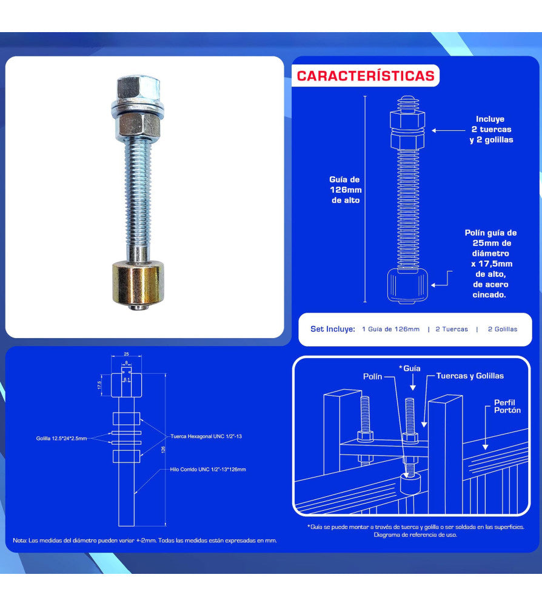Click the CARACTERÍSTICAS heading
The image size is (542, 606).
click(366, 76)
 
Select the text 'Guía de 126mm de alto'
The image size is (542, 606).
click(344, 190)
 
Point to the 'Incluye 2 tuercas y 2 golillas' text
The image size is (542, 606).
click(490, 130)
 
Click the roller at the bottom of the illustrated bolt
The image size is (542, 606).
click(409, 285)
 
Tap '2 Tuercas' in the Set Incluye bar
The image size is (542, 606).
click(452, 329)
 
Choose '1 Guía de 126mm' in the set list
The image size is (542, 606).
click(390, 329)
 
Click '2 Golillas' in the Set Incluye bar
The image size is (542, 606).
click(503, 329)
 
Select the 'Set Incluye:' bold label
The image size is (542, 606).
click(332, 329)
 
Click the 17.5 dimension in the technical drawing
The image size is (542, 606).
click(100, 385)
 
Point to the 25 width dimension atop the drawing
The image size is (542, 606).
click(126, 353)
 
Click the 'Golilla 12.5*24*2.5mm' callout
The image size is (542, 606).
click(61, 438)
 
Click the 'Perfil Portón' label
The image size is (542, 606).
click(507, 406)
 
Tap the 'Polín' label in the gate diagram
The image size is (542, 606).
click(373, 376)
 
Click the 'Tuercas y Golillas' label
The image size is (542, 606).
click(470, 376)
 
